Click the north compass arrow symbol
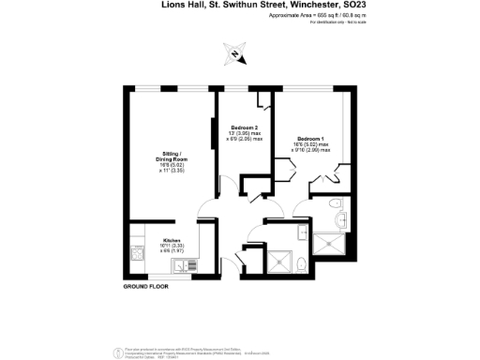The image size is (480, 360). pyautogui.click(x=233, y=53)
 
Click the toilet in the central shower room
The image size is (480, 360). pyautogui.click(x=298, y=265)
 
